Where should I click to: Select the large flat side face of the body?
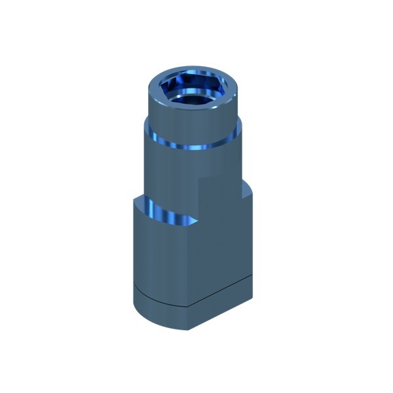[x=223, y=242]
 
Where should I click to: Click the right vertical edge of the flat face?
[x=253, y=242]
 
